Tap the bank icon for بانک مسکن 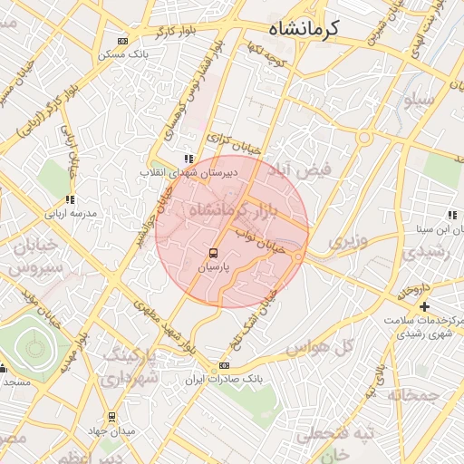(x=122, y=41)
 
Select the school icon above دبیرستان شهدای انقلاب (x=188, y=159)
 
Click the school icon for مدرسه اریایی (x=70, y=200)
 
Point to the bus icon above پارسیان (x=213, y=253)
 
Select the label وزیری (x=347, y=242)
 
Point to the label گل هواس (x=318, y=347)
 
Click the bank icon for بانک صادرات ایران (x=224, y=365)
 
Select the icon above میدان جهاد (x=111, y=417)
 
